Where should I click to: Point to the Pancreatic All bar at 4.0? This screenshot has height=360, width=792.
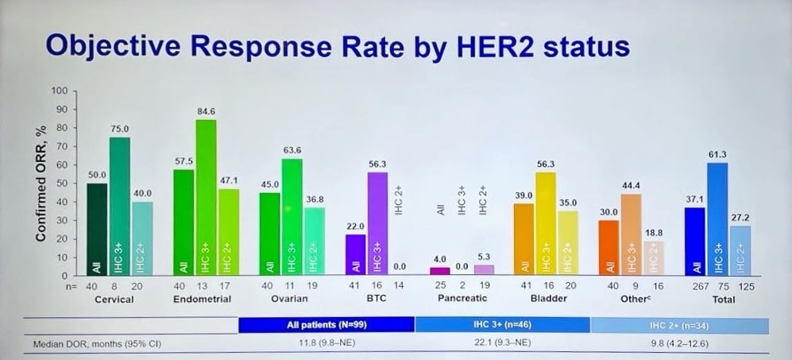(439, 272)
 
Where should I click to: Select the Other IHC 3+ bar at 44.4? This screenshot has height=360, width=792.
(632, 234)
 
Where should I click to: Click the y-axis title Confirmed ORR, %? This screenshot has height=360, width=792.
(39, 183)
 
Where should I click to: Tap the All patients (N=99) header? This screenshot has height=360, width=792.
(326, 325)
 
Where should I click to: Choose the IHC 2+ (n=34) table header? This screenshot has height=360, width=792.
(680, 325)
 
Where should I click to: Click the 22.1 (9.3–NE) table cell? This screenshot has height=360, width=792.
(503, 344)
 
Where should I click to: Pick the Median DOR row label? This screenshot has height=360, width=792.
(87, 344)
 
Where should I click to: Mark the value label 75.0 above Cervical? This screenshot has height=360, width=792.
(119, 127)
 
